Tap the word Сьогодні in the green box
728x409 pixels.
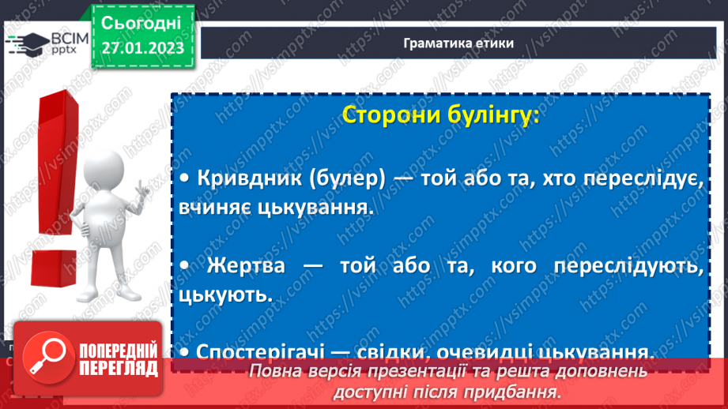(141, 22)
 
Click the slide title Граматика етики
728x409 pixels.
(458, 43)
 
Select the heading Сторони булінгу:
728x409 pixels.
(440, 115)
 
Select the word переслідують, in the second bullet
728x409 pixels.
(632, 267)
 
